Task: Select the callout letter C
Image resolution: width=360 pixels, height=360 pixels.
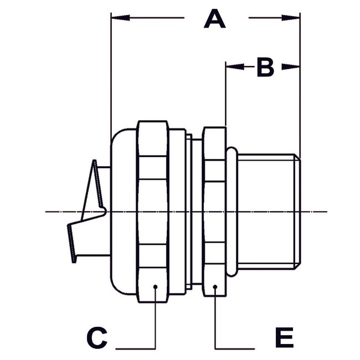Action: (97, 337)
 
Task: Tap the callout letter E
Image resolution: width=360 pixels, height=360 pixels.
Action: (284, 337)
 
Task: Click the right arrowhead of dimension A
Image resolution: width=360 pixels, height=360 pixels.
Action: (296, 19)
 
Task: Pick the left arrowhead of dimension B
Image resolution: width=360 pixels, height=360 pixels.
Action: (230, 67)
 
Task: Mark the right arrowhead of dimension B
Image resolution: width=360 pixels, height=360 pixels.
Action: (296, 67)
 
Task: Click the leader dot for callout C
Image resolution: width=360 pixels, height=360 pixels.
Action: (156, 287)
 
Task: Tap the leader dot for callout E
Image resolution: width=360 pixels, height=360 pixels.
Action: (215, 287)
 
